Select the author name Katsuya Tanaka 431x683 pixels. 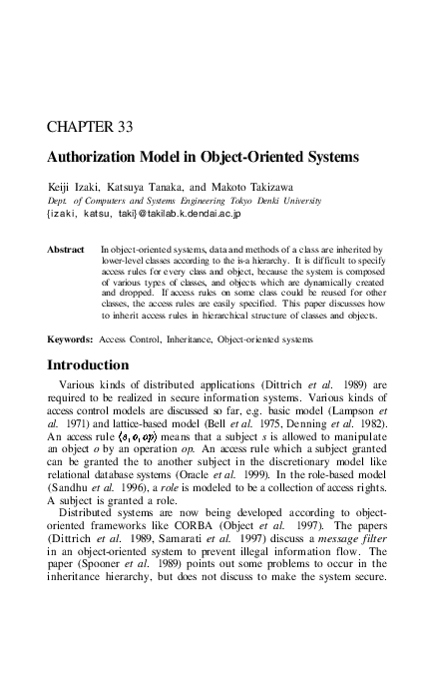click(x=146, y=187)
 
